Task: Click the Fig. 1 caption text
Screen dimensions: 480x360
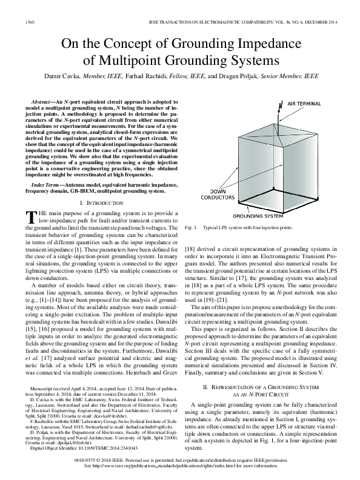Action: [x=239, y=227]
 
